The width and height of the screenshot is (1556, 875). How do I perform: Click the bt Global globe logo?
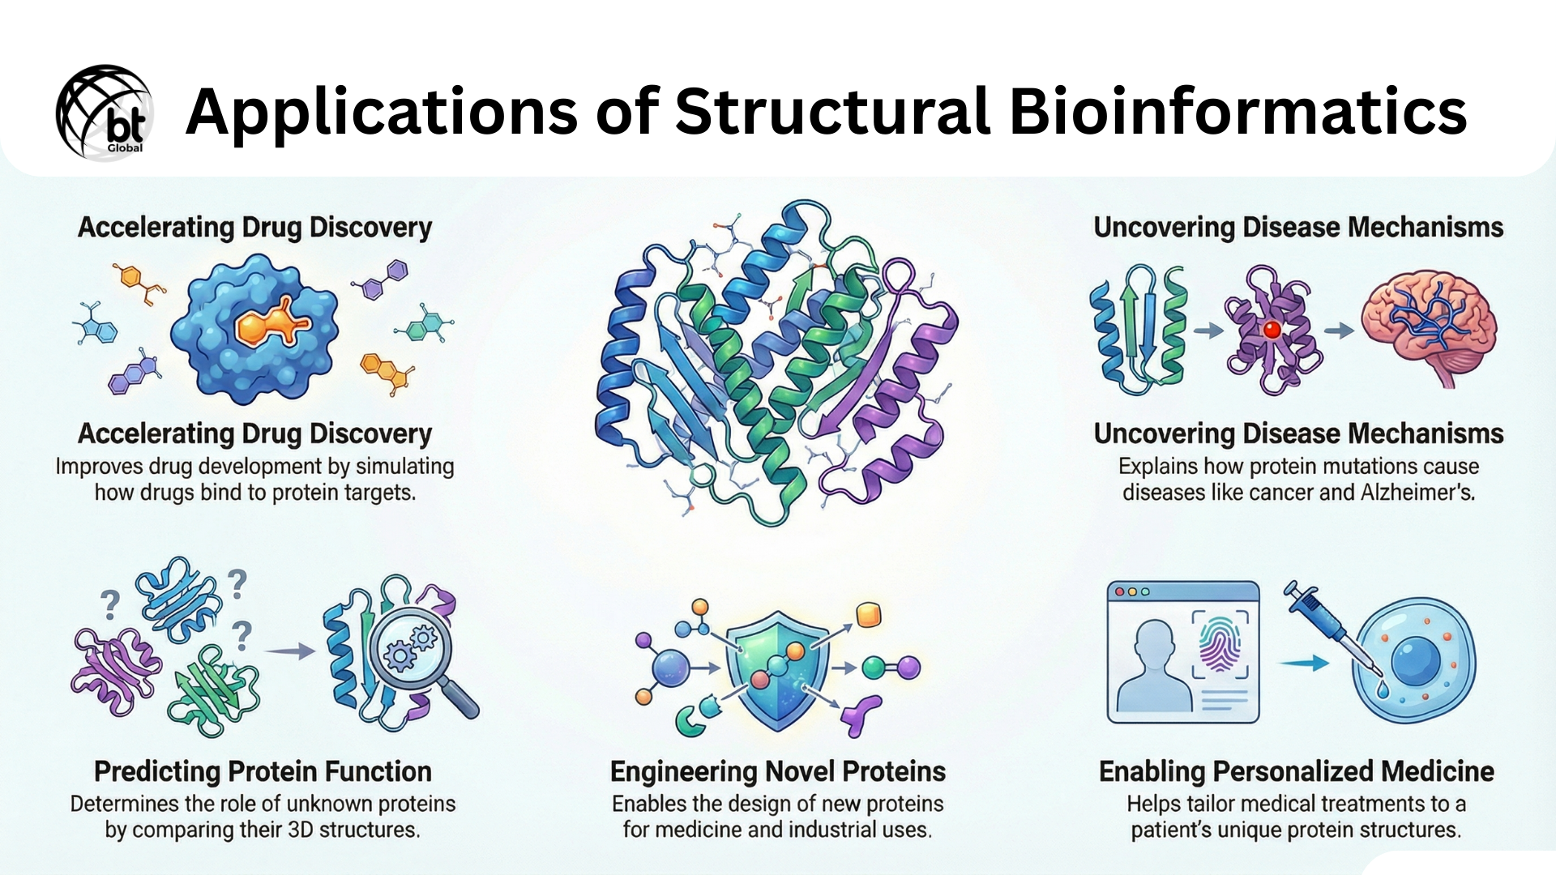tap(105, 113)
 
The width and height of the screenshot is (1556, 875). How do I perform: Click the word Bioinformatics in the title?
tap(1238, 112)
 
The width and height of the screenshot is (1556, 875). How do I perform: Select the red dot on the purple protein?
tap(1272, 330)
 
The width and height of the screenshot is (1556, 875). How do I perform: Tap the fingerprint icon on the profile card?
tap(1219, 645)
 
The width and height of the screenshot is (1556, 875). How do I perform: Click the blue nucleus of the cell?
tap(1415, 662)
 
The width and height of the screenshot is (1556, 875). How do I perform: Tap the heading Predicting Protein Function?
tap(263, 771)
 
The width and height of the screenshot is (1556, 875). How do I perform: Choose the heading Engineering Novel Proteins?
tap(777, 771)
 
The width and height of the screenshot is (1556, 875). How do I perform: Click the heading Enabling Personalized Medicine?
tap(1296, 771)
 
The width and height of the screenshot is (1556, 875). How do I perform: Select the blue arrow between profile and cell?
tap(1303, 664)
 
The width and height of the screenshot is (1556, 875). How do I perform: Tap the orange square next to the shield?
tap(868, 615)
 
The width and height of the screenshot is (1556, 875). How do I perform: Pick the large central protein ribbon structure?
tap(776, 361)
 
